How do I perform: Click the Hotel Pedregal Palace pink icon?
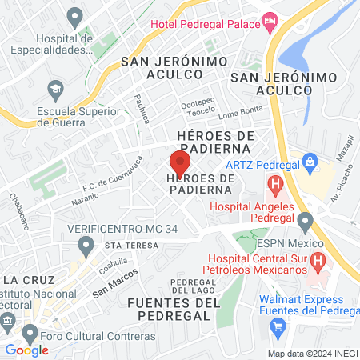pos(270,22)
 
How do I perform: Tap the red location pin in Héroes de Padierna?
pos(180,162)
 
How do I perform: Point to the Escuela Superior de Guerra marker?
pos(55,86)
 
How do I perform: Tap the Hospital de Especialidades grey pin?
pos(75,16)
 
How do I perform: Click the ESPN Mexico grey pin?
pos(304,220)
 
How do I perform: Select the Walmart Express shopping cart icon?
pos(278,326)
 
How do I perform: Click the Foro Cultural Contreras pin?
pos(30,332)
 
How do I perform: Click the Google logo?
pos(27,350)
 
